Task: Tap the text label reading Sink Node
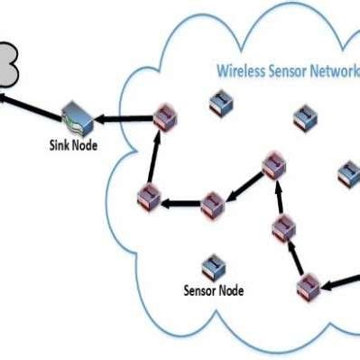pos(71,144)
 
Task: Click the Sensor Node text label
pos(213,291)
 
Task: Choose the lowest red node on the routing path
pos(309,286)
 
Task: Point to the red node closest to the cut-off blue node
pos(273,165)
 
